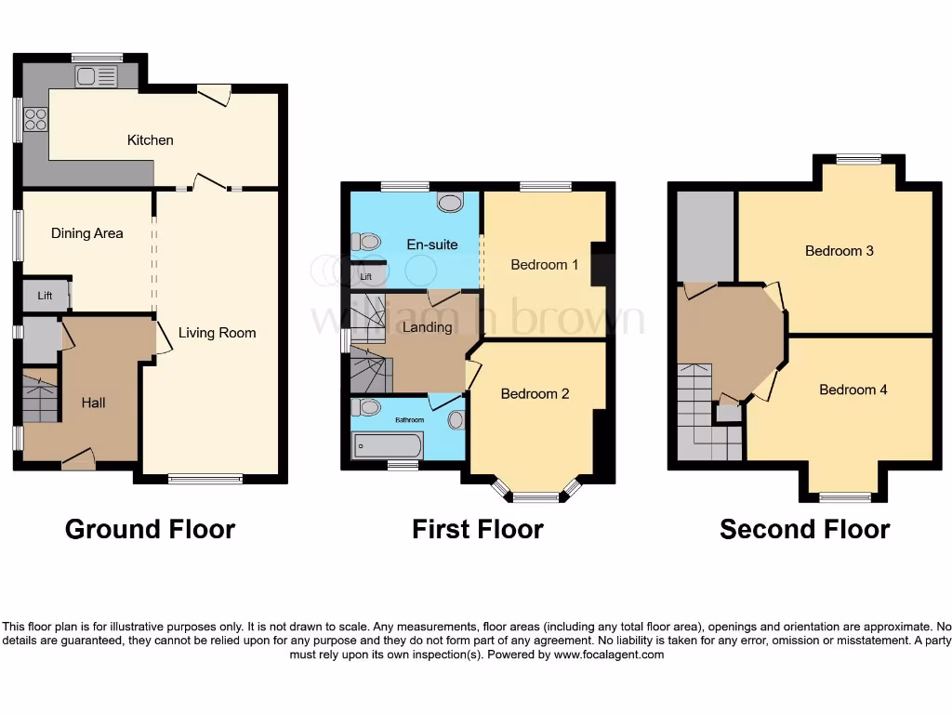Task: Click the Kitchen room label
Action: pos(151,140)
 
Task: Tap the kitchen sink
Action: pos(97,77)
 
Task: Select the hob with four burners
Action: pos(35,119)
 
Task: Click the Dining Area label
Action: pos(87,233)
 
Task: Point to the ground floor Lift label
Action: pos(45,296)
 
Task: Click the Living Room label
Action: pos(218,333)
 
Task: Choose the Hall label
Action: pos(93,403)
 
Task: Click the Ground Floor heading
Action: pos(150,530)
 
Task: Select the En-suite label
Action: pos(432,245)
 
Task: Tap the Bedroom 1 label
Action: pos(545,265)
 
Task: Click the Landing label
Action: pos(428,327)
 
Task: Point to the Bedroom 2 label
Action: pos(535,394)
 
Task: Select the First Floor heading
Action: pos(478,530)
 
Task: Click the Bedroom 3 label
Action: pos(839,251)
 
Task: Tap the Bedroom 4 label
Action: pos(853,390)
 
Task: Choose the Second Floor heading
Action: pos(805,530)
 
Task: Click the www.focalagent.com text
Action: pos(610,654)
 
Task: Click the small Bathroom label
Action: pos(409,420)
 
